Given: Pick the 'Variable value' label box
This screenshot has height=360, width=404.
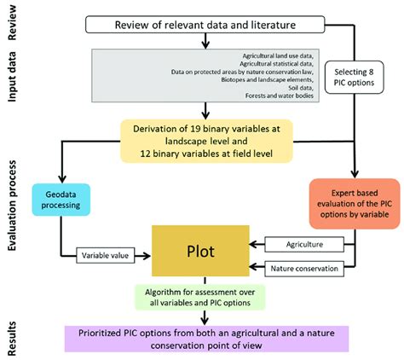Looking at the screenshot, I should (109, 254).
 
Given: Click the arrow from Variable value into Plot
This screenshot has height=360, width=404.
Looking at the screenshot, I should (151, 254).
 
